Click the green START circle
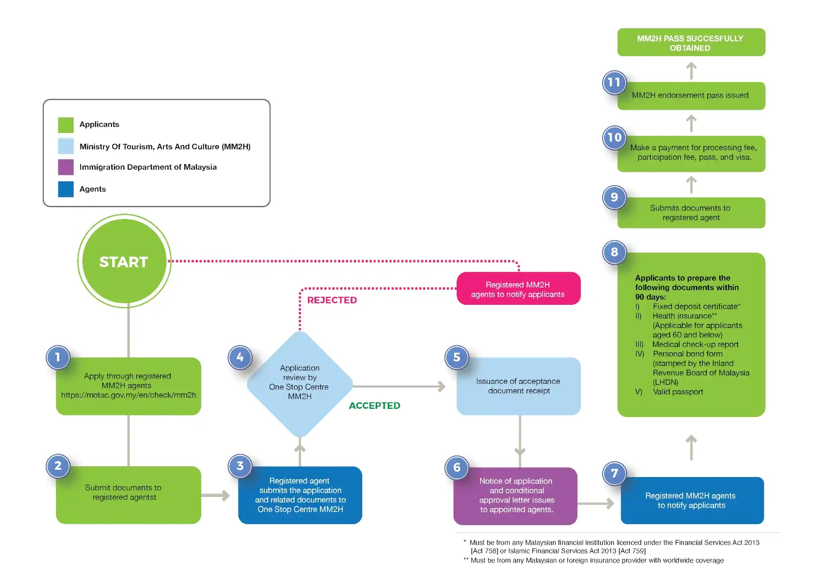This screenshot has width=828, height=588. coord(124,261)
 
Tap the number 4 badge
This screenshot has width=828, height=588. coord(240,357)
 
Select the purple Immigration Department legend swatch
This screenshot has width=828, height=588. coord(66,167)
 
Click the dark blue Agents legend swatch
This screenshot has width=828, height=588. coord(66,189)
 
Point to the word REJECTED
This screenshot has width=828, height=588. coord(332,300)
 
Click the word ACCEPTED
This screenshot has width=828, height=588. coord(374,406)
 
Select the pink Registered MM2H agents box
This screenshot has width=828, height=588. coord(518,289)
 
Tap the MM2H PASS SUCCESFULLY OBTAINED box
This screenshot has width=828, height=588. coord(691,43)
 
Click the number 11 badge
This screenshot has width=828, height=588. coord(614,82)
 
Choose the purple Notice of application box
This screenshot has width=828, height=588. coord(515,496)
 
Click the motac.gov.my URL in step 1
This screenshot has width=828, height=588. coord(128,395)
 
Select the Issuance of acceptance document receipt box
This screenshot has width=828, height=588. coord(518,386)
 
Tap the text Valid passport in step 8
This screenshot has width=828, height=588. coord(677,392)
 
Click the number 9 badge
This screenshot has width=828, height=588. coord(614,197)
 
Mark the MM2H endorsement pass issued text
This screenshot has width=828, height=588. coord(690,95)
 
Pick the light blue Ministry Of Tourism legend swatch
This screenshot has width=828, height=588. coord(66,146)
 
